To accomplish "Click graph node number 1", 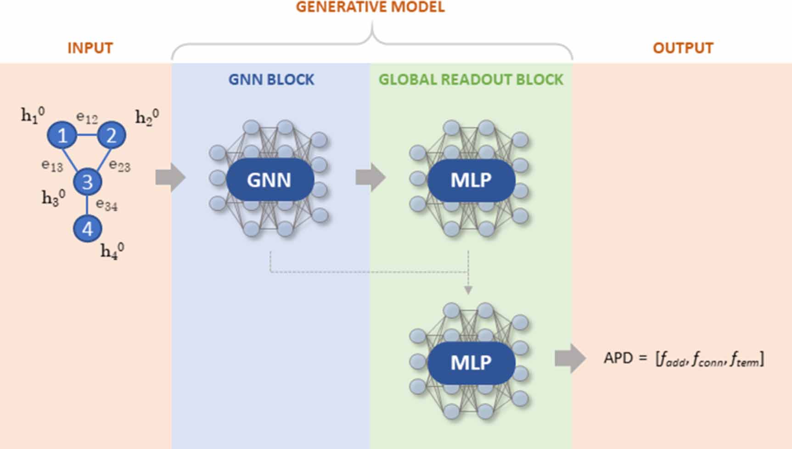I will (62, 135).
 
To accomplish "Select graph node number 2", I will (111, 135).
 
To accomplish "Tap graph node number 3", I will (87, 182).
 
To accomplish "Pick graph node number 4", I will (87, 228).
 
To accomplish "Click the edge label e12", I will (87, 118).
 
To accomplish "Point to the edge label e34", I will (107, 204).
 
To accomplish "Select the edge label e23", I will (120, 165).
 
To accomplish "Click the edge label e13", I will (52, 165).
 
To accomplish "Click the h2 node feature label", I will (147, 117).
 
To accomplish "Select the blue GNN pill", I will (270, 180).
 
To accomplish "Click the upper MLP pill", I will (471, 180).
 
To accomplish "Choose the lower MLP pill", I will (471, 363).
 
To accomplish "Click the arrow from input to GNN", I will (170, 177).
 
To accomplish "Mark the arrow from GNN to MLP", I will (370, 177).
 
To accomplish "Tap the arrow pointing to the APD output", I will (570, 358).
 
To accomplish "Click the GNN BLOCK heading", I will (271, 79).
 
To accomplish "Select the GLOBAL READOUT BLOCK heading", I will (471, 79).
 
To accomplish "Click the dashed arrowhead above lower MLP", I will (468, 290).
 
